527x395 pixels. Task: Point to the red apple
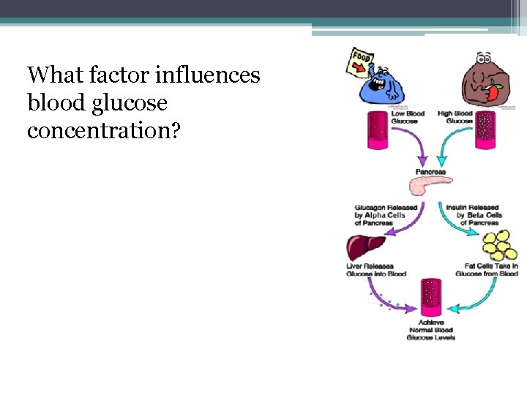(x=495, y=93)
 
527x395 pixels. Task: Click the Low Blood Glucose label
(x=408, y=117)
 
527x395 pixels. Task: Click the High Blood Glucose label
(x=455, y=117)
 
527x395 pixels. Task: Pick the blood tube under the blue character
(x=378, y=130)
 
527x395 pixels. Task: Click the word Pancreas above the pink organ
(x=430, y=172)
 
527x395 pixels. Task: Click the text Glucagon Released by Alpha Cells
(x=386, y=214)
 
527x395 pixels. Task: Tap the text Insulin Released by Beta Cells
(x=474, y=214)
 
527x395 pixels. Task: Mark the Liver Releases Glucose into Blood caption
(x=376, y=270)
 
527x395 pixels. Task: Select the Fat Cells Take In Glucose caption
(x=487, y=270)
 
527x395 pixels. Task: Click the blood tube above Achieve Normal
(x=431, y=296)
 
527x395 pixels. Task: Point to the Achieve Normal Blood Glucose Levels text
(x=431, y=330)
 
